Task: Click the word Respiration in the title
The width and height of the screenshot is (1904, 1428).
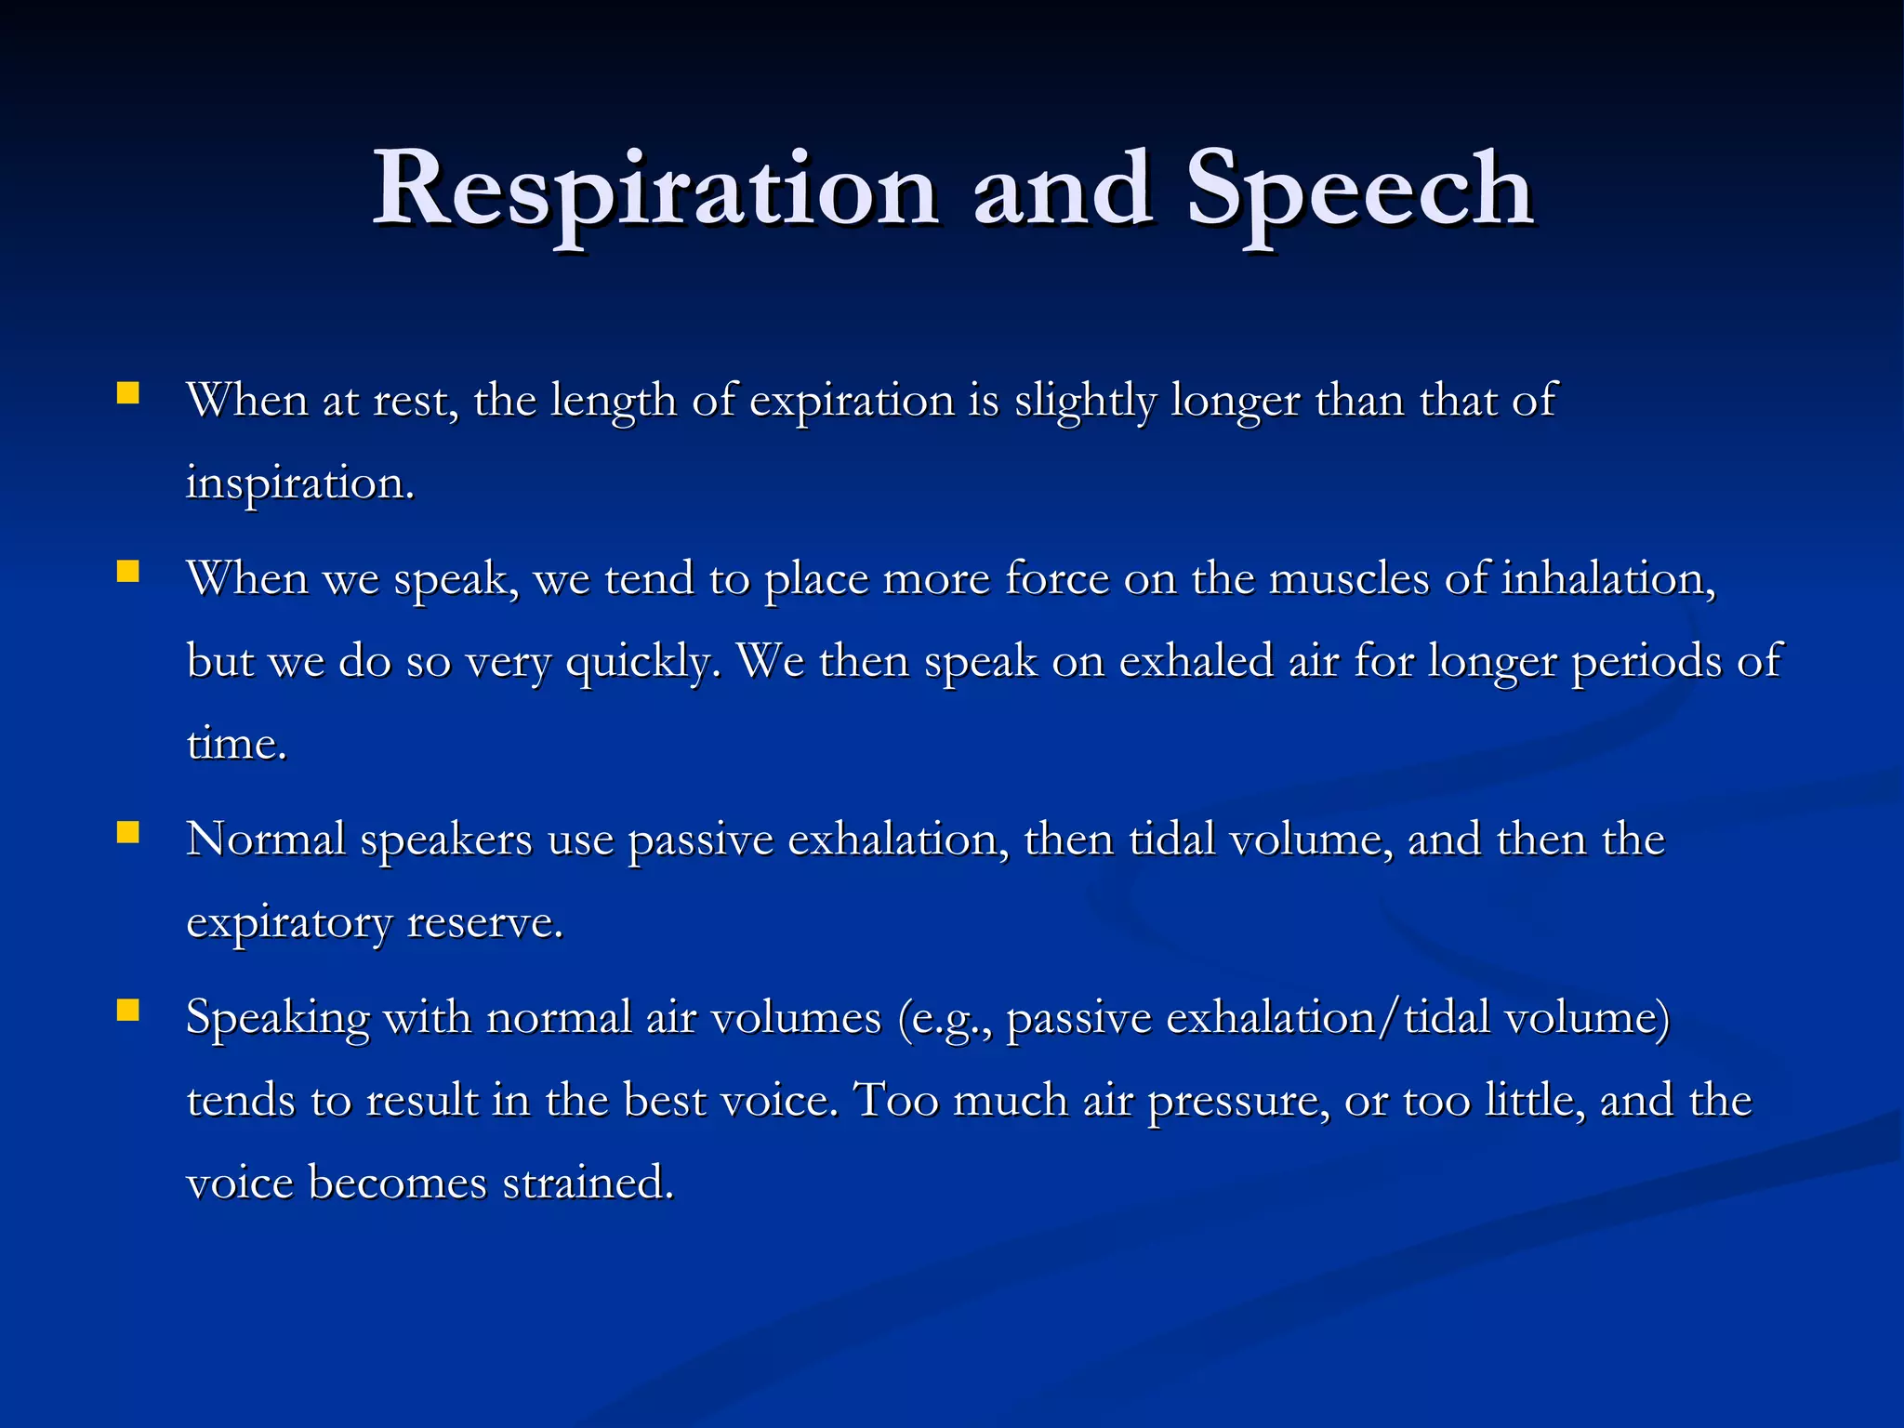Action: [x=654, y=191]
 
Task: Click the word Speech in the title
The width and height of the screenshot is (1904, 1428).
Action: [x=1359, y=191]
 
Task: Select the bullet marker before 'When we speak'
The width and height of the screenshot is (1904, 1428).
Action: [x=128, y=570]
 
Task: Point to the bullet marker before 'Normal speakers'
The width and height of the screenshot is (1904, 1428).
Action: [x=128, y=831]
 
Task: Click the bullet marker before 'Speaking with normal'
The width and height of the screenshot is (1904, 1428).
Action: [x=128, y=1010]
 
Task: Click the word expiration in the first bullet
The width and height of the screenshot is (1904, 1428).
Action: [x=852, y=402]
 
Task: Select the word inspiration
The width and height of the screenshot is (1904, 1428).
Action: [x=299, y=483]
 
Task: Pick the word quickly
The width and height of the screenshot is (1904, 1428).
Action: [x=641, y=662]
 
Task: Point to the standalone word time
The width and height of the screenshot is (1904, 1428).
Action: [x=236, y=744]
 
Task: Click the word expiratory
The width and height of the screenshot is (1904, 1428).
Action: [x=289, y=923]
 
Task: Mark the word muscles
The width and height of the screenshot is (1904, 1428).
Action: [x=1349, y=578]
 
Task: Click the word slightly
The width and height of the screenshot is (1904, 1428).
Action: [x=1084, y=402]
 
